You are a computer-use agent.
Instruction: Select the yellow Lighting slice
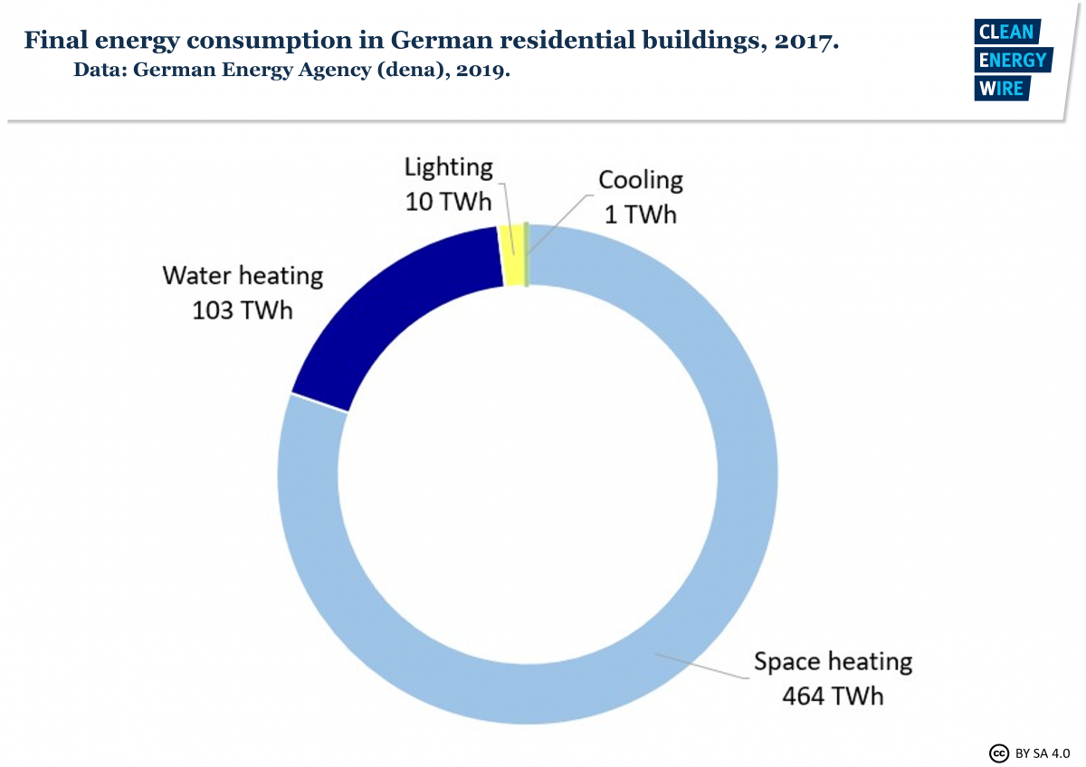512,255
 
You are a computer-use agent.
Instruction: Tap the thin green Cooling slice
527,255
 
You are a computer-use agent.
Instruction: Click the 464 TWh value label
833,696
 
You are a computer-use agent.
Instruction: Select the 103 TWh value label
243,309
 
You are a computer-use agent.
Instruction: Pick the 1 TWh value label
641,214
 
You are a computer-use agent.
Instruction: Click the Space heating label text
833,662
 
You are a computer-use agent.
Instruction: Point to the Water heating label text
243,275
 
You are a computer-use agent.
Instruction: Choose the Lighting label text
449,167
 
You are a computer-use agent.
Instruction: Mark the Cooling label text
641,180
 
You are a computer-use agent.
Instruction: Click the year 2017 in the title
802,41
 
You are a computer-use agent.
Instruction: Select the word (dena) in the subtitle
354,70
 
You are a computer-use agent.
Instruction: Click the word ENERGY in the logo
1013,61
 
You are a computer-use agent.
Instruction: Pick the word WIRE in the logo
999,89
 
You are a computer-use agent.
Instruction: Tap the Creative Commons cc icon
998,752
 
